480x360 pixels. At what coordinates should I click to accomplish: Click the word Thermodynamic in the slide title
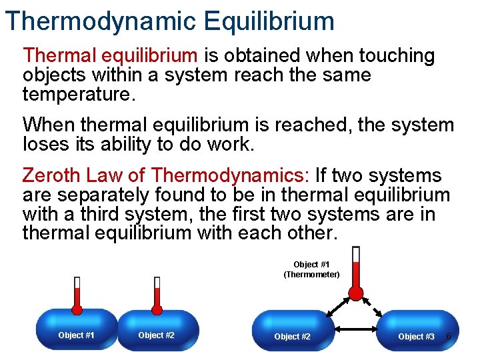(101, 21)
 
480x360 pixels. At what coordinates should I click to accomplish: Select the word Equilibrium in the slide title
(269, 21)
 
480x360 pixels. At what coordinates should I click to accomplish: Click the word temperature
(78, 93)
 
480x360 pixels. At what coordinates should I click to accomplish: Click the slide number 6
(449, 336)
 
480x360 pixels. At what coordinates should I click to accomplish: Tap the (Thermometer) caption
(311, 275)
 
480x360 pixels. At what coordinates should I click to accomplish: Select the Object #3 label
(416, 337)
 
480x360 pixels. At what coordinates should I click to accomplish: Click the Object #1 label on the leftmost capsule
(76, 335)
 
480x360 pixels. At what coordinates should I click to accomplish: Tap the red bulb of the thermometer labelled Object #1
(356, 294)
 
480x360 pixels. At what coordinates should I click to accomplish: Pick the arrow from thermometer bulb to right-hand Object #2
(335, 307)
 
